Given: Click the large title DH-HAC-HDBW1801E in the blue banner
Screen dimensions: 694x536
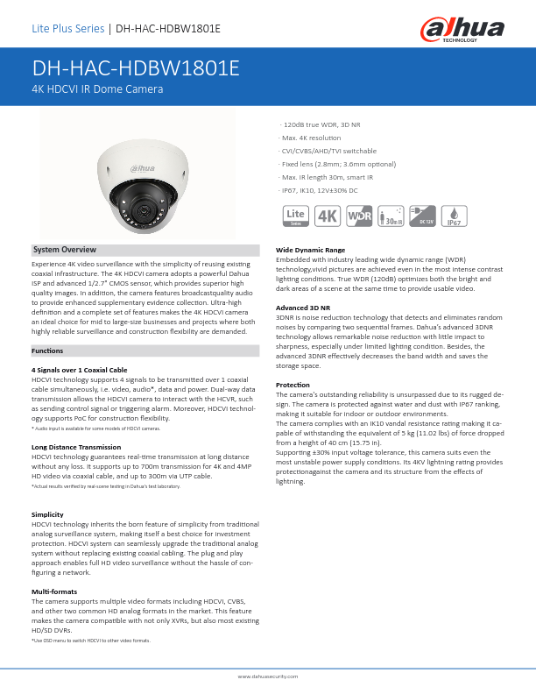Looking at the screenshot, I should click(136, 69).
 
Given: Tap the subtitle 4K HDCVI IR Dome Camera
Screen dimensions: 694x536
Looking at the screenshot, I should click(97, 89).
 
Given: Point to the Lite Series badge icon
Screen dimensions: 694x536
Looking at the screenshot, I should click(295, 216).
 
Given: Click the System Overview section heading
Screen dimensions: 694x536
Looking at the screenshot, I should click(64, 251).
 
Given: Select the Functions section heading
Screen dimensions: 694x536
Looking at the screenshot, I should click(47, 351).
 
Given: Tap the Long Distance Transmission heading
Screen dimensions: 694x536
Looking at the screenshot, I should click(76, 447).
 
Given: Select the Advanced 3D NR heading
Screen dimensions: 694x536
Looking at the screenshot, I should click(302, 308).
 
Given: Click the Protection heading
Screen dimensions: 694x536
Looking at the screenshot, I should click(293, 385).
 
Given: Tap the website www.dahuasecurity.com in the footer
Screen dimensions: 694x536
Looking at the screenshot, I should click(268, 677).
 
